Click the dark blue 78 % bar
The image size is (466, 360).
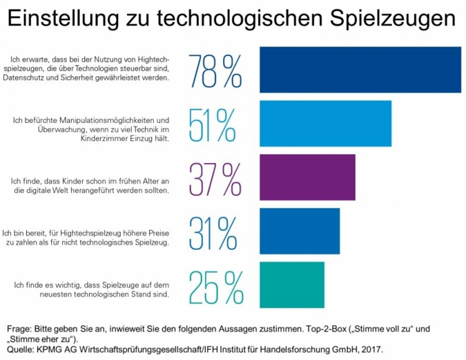coord(360,69)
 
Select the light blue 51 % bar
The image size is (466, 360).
coord(325,123)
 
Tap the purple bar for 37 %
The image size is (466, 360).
coord(307,177)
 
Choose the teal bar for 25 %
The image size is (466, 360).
coord(291,285)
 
